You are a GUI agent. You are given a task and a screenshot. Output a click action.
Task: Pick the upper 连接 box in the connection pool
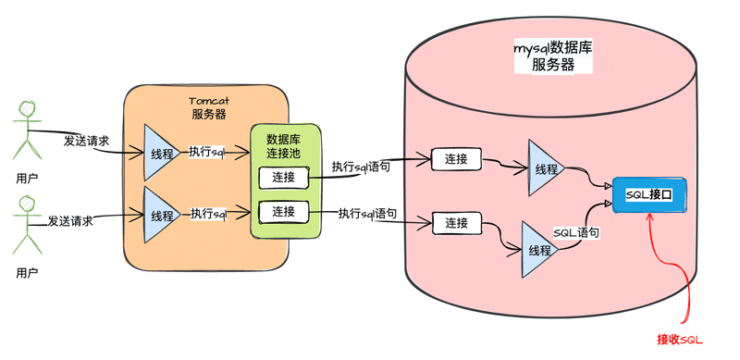tap(277, 177)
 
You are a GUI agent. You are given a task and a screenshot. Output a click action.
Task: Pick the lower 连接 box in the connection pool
tap(277, 212)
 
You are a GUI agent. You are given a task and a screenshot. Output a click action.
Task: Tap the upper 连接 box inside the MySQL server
tap(456, 159)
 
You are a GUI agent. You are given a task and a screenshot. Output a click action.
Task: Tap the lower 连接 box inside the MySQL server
tap(456, 223)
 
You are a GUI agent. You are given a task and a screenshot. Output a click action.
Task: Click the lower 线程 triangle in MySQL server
tap(538, 250)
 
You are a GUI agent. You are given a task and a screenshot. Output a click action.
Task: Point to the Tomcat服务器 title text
tap(209, 107)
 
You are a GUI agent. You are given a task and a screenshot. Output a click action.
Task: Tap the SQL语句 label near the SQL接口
tap(575, 233)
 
